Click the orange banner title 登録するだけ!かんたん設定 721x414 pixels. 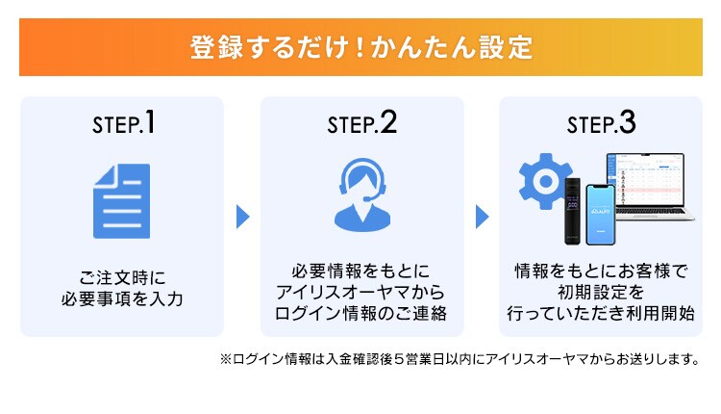tap(360, 47)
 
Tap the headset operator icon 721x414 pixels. tap(361, 193)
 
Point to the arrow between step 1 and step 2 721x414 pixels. tap(243, 217)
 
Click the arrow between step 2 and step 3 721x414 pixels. tap(482, 217)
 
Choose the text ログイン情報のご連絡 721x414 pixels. tap(361, 314)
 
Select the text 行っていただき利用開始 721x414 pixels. tap(601, 314)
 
